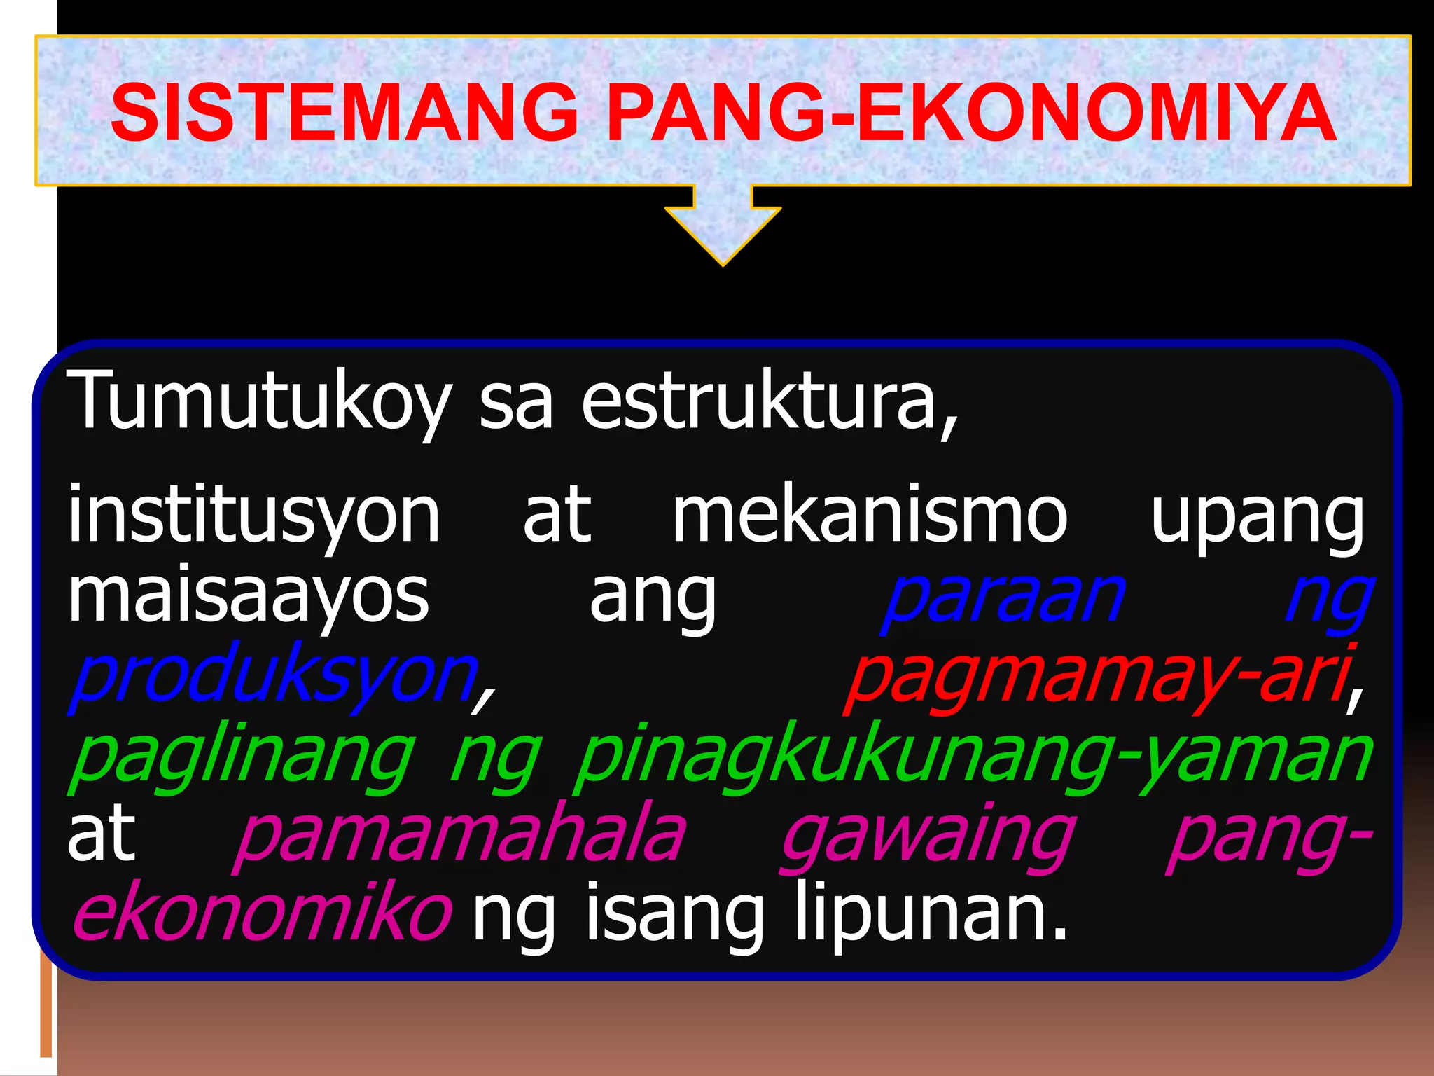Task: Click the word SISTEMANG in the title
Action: pyautogui.click(x=344, y=112)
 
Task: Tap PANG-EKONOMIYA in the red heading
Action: pyautogui.click(x=970, y=112)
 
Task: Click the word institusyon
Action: pyautogui.click(x=253, y=517)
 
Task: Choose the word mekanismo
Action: pyautogui.click(x=870, y=517)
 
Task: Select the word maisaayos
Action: pyautogui.click(x=248, y=595)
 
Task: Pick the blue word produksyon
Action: pyautogui.click(x=273, y=677)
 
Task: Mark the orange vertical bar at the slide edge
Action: pyautogui.click(x=46, y=1009)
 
